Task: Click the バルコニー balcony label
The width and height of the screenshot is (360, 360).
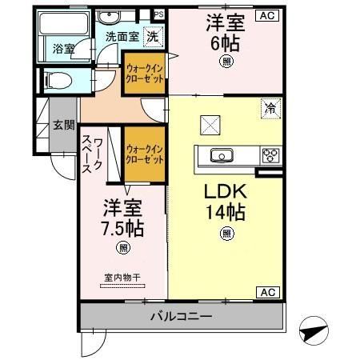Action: coord(182,316)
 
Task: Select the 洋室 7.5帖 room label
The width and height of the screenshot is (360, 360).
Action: coord(122,218)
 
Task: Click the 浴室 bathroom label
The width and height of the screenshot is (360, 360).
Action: coord(64,49)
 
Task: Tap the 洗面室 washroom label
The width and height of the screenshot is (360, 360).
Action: coord(110,35)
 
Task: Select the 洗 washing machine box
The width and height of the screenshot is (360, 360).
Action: coord(150,35)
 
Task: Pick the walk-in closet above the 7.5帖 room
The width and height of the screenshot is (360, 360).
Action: coord(145,154)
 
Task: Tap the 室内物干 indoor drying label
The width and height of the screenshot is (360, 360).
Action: coord(122,278)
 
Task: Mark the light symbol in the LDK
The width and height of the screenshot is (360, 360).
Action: coord(227,234)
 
